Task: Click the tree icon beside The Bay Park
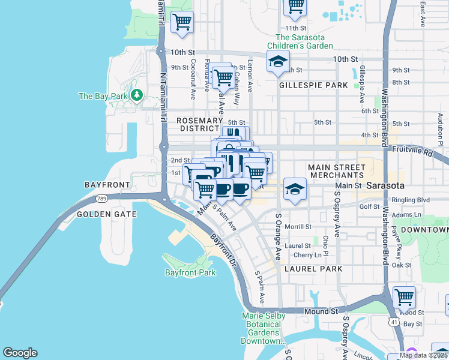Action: pos(137,95)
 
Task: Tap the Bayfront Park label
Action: pos(190,272)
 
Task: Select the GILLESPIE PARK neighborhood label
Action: pos(313,85)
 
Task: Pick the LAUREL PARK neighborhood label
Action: pos(313,269)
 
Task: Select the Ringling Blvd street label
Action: pos(415,199)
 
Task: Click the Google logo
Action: pos(20,353)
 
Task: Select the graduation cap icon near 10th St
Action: pos(278,61)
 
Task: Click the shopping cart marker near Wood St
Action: pos(404,297)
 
